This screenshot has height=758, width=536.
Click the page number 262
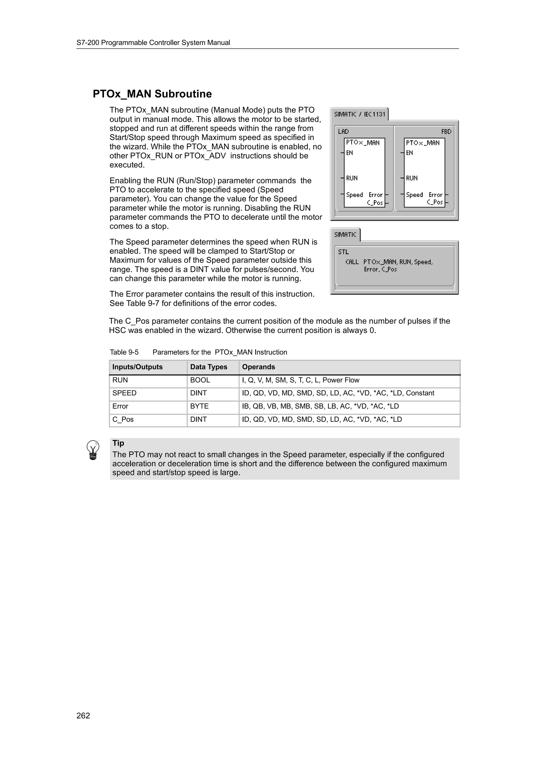pos(83,715)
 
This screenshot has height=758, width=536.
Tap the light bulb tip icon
pos(93,450)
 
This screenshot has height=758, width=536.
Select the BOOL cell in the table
pos(200,380)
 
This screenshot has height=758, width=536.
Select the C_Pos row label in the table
pos(123,419)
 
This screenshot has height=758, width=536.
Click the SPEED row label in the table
pos(125,393)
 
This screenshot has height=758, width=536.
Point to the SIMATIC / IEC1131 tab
pos(360,114)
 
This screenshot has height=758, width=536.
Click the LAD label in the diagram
pos(343,131)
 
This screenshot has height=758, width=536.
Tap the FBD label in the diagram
pos(446,131)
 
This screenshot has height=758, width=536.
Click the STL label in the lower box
pos(343,252)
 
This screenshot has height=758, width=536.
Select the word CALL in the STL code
pos(352,262)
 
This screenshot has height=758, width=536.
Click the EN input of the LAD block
pos(349,153)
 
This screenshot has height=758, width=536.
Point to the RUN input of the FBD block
pos(412,178)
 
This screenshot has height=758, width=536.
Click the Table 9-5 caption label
pos(124,352)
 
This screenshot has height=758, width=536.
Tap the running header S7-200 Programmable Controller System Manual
pos(153,43)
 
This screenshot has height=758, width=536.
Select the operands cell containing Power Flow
pos(300,380)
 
